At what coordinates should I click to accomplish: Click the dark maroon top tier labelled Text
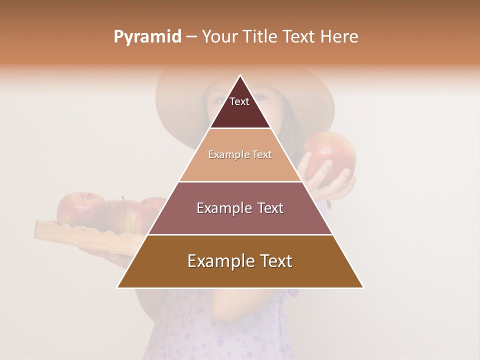point(240,107)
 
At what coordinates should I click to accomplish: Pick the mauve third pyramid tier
point(240,212)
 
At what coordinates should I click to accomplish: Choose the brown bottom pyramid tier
point(240,267)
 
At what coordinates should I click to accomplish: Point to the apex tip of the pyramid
point(240,76)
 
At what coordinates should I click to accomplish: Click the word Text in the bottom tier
point(272,261)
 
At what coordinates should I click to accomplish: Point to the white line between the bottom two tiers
point(240,234)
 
